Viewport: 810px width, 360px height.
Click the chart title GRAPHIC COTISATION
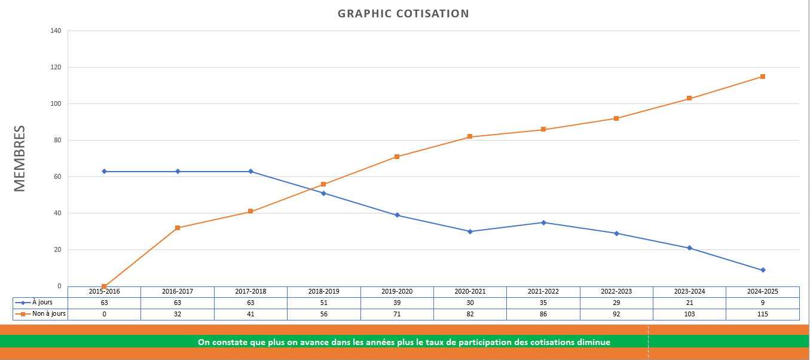click(404, 14)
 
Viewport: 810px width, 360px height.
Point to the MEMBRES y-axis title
click(20, 158)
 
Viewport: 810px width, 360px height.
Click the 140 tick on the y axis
click(56, 31)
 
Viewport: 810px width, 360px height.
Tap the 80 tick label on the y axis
click(58, 141)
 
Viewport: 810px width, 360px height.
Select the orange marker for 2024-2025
click(763, 77)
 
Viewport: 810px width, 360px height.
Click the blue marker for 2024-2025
click(763, 270)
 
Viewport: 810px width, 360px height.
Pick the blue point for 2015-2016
click(105, 172)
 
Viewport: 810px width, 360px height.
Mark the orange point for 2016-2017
click(178, 228)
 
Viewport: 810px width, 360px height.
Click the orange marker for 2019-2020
click(397, 157)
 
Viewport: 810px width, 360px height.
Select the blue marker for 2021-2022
click(543, 222)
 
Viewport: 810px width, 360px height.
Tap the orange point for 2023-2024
click(689, 98)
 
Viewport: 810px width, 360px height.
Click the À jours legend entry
click(41, 303)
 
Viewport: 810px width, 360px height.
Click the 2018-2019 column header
click(324, 291)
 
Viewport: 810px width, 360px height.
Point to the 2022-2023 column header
click(616, 291)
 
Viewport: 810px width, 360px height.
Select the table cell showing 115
click(763, 314)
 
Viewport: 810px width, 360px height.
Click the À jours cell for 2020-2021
click(470, 303)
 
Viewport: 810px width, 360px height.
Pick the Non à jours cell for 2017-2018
click(250, 314)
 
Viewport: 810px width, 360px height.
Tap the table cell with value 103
click(689, 314)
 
